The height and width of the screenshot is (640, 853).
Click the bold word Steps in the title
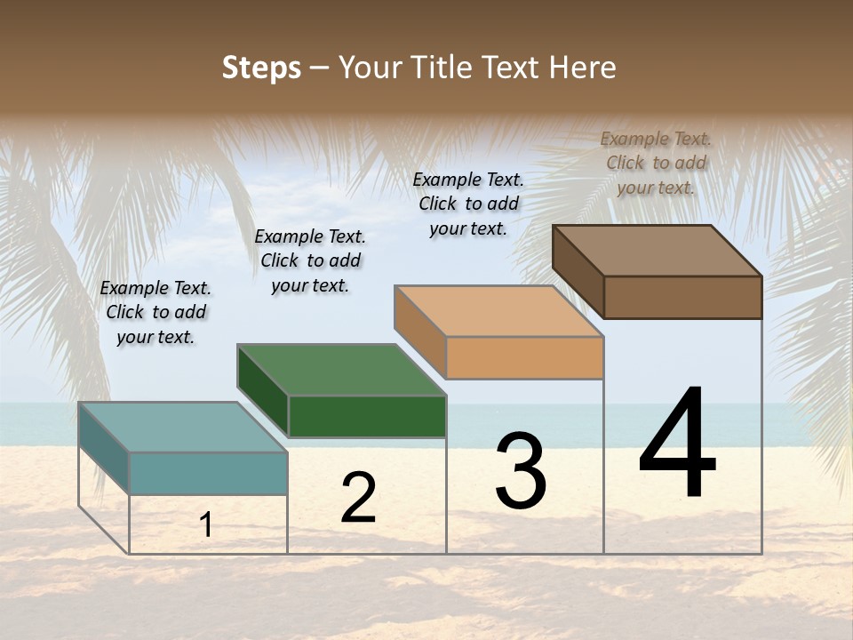(x=261, y=68)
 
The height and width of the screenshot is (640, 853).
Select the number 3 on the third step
(x=520, y=471)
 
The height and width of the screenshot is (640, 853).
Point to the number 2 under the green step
(x=358, y=498)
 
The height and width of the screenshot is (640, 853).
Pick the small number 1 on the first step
(x=206, y=524)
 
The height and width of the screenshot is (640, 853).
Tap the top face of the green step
(x=341, y=370)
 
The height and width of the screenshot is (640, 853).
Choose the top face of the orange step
(x=498, y=311)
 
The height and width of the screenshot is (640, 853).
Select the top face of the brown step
(x=658, y=251)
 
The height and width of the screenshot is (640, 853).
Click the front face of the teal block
(x=208, y=473)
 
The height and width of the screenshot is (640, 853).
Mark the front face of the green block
(x=367, y=416)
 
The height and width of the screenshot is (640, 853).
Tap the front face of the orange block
(x=524, y=357)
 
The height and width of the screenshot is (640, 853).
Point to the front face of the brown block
(x=682, y=297)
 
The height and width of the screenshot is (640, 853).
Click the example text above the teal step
(x=155, y=313)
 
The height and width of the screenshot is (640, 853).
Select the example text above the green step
(x=310, y=260)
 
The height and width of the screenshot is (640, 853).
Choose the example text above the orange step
(x=468, y=204)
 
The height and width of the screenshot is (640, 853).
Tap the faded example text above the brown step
(x=656, y=163)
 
